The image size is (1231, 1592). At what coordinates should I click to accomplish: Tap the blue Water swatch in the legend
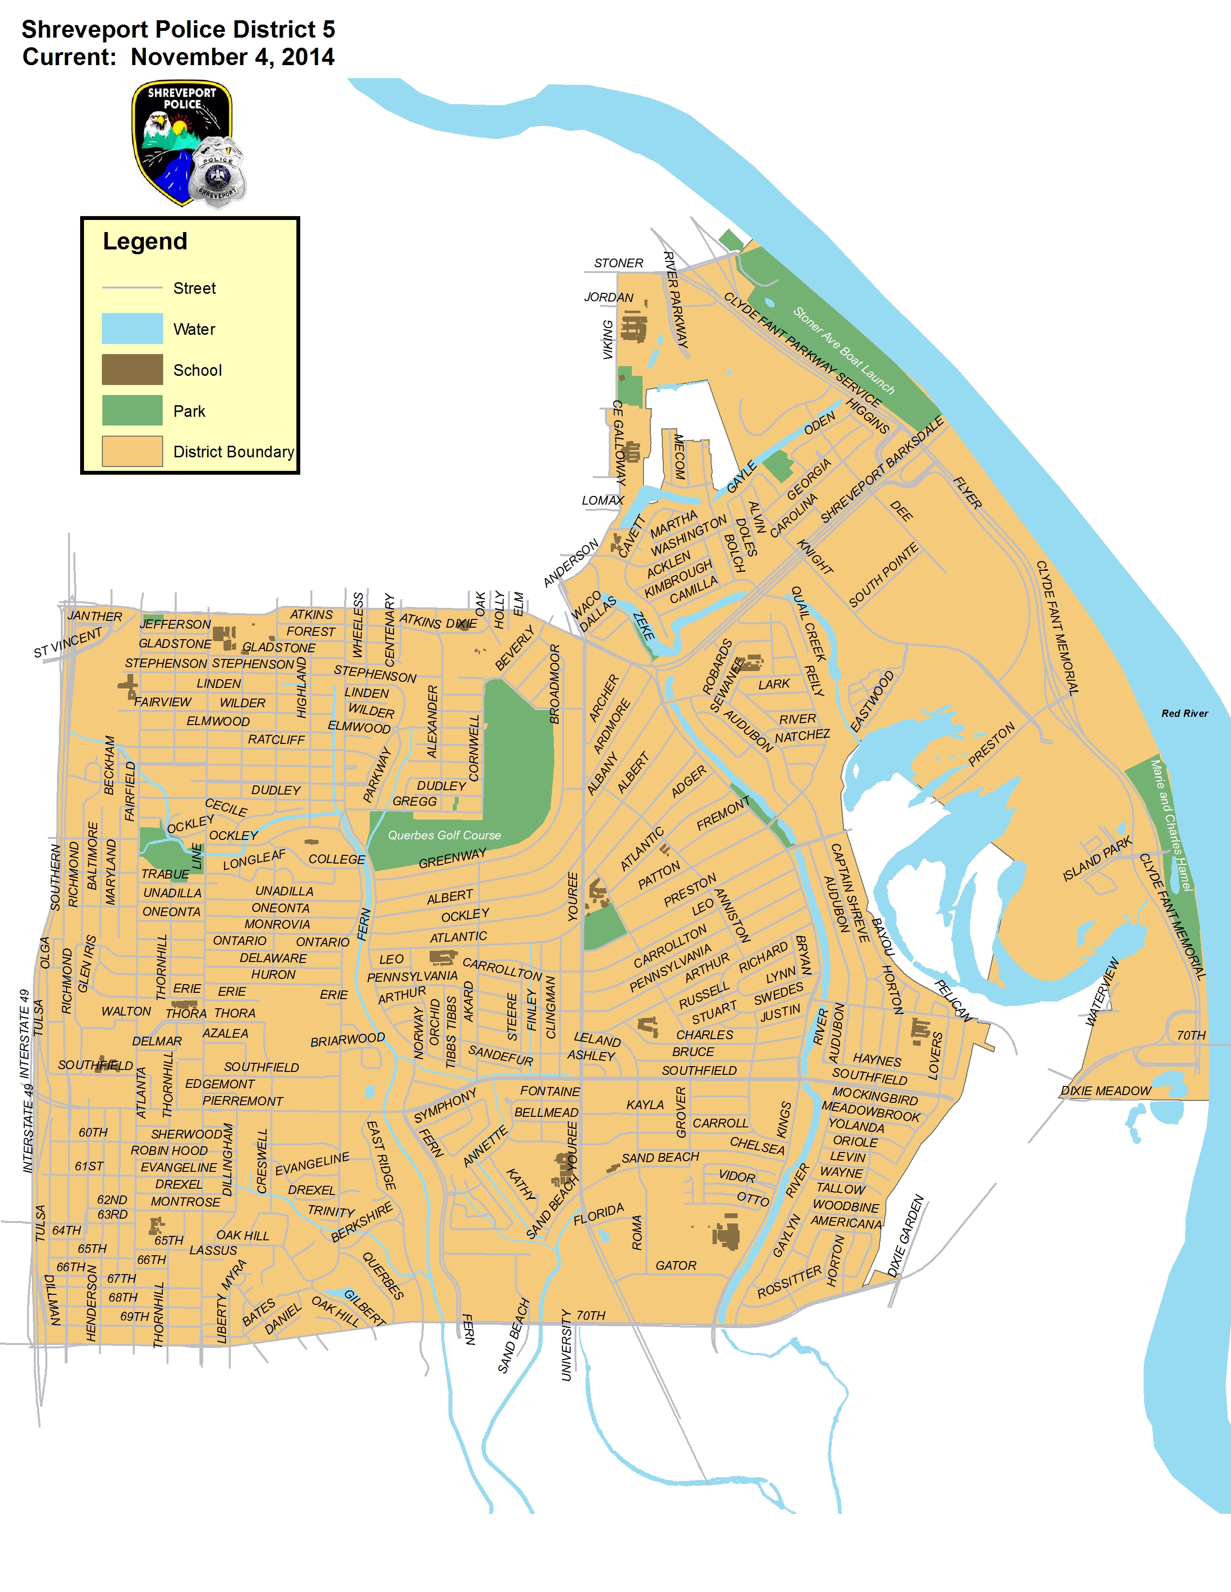132,329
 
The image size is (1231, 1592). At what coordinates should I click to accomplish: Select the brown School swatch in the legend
132,370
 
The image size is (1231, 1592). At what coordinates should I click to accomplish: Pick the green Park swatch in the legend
132,411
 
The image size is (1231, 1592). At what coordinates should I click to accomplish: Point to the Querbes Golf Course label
444,836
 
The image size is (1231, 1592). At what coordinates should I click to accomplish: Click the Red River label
1184,714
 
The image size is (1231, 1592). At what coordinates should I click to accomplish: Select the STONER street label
618,263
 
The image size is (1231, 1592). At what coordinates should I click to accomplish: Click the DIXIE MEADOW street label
1105,1091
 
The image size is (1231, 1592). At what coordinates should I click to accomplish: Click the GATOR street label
675,1265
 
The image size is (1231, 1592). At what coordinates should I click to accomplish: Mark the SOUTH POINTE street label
883,575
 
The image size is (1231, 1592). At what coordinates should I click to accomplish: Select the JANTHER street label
95,616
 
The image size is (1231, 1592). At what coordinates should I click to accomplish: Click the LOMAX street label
602,500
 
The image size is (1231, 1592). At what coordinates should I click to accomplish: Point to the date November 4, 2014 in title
232,57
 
